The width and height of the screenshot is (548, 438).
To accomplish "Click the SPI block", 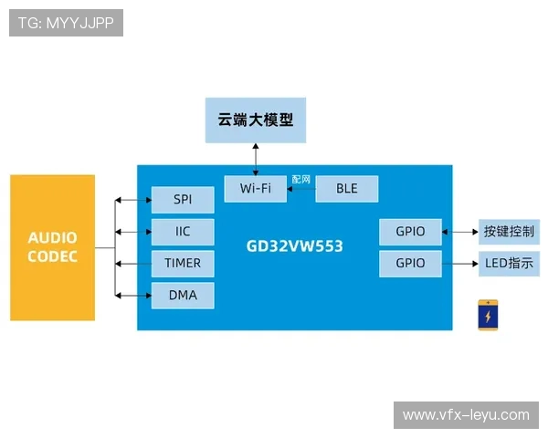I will coord(183,199).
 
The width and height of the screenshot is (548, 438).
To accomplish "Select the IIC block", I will coord(183,231).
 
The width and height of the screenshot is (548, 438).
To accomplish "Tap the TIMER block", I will coord(183,263).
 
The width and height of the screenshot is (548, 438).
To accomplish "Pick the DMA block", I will coord(183,295).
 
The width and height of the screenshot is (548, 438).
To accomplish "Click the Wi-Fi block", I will coord(255,188).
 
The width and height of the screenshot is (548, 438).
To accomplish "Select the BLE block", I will coord(347,188).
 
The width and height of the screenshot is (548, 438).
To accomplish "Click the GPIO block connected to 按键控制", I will coord(410,232).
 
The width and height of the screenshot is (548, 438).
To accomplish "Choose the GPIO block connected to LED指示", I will coord(410,264).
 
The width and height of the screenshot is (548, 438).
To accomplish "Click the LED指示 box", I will coord(508,264).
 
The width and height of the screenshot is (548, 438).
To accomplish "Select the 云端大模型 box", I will coord(255,120).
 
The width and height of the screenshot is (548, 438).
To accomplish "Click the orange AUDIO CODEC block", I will coord(52,247).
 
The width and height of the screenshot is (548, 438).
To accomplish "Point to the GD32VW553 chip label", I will coord(294,245).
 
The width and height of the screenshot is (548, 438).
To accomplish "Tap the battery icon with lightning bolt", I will coord(489,315).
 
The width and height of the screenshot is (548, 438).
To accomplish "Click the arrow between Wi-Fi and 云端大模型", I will coord(256,158).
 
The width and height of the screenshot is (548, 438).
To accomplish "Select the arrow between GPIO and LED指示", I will coord(460,265).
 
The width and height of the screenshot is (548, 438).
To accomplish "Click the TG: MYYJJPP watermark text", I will coord(66,23).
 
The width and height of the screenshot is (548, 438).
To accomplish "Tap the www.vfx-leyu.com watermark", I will coord(466,415).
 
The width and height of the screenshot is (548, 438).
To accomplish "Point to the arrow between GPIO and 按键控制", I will coord(460,232).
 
